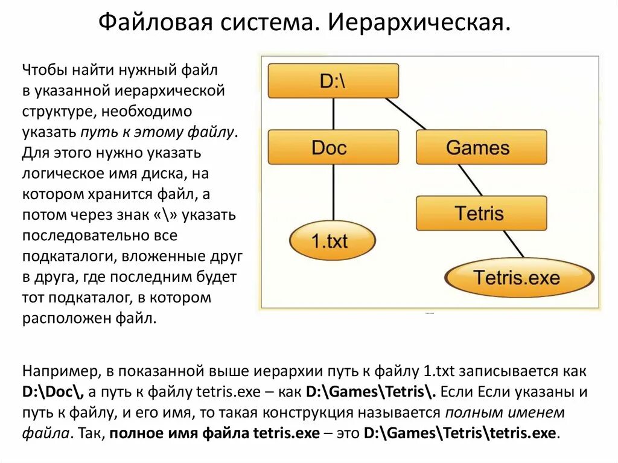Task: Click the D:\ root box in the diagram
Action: coord(333,81)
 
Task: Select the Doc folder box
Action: coord(333,147)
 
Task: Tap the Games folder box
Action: coord(481,147)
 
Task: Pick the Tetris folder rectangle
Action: coord(481,213)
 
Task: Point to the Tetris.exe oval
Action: coord(518,278)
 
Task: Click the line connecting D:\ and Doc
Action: coord(333,113)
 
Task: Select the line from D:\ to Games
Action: coord(406,113)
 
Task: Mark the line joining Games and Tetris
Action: coord(470,180)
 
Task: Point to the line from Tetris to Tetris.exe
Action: coord(512,245)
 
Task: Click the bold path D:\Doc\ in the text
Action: coord(54,391)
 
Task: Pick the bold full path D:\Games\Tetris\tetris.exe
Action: coord(462,433)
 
